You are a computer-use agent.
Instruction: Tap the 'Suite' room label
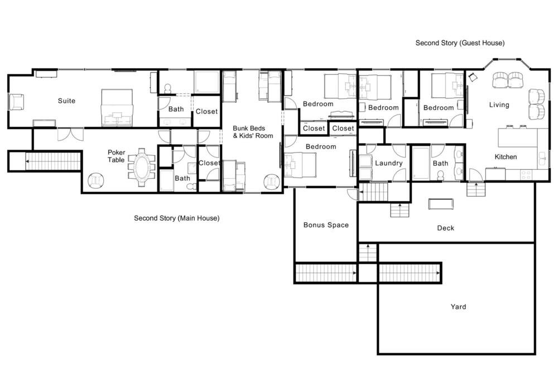(x=66, y=101)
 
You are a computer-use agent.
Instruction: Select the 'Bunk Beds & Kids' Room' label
(x=253, y=132)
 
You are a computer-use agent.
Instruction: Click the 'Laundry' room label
(x=388, y=163)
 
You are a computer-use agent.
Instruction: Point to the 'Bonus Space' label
(x=326, y=225)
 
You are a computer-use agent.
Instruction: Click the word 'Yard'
(x=458, y=307)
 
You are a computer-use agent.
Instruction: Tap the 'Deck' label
(x=445, y=228)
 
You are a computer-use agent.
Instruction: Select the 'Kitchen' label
(x=506, y=157)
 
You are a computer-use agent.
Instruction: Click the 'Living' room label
(x=499, y=105)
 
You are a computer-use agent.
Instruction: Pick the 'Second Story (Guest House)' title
(x=460, y=43)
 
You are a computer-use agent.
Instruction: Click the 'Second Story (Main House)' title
(x=176, y=218)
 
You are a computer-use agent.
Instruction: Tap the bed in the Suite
(x=117, y=108)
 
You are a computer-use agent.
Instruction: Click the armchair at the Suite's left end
(x=16, y=102)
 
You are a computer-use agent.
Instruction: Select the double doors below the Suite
(x=70, y=133)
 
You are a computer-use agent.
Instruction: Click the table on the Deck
(x=441, y=204)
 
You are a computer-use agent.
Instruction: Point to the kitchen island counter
(x=517, y=138)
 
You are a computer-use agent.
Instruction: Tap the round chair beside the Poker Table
(x=95, y=180)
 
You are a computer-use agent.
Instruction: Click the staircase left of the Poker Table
(x=54, y=161)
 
